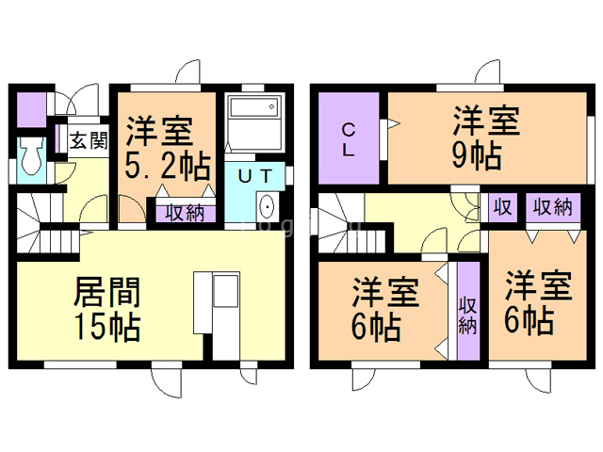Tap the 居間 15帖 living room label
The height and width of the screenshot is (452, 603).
[107, 309]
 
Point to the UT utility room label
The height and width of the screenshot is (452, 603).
[255, 174]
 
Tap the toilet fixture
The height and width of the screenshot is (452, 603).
[29, 156]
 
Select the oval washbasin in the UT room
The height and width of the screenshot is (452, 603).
[266, 206]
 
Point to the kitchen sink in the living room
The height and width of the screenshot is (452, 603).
[227, 292]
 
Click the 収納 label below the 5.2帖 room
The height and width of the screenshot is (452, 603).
[185, 213]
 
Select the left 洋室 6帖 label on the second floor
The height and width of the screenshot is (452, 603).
[384, 311]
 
